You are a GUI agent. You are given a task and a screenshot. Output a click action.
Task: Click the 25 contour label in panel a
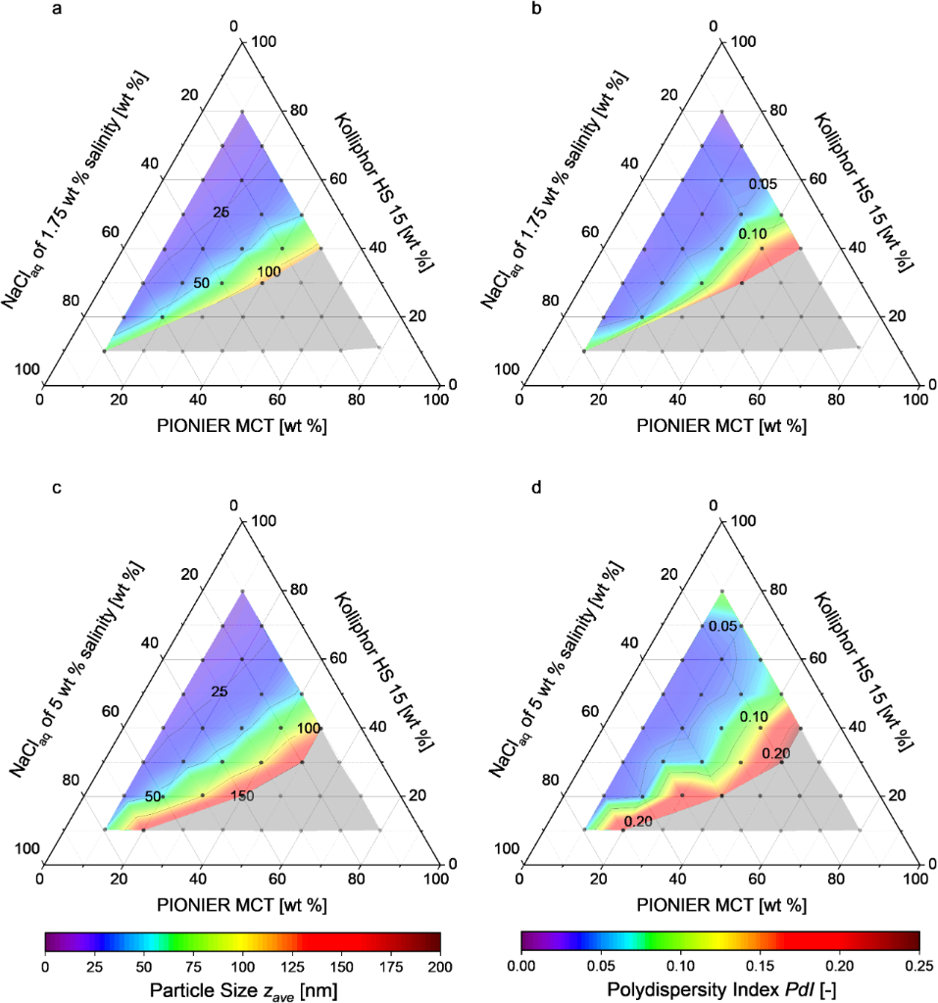coord(221,213)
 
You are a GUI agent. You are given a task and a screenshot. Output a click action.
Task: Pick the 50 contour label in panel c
coord(154,796)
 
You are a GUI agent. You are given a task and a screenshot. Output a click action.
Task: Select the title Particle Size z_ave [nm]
coord(243,990)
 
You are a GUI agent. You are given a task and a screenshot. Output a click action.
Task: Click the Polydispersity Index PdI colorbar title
coord(720,990)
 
